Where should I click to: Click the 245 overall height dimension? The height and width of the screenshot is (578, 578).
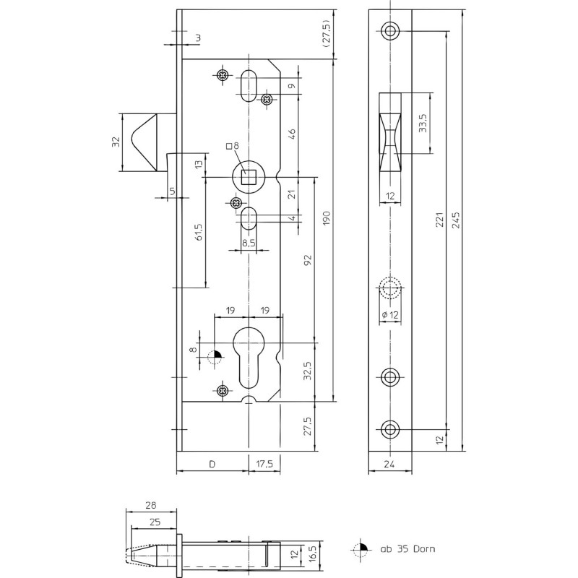(456, 220)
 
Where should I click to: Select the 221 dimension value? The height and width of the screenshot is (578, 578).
(440, 220)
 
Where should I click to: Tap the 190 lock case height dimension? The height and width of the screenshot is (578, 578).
(327, 219)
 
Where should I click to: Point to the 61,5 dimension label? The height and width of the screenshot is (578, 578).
(199, 232)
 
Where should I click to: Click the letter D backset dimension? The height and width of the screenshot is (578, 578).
(212, 464)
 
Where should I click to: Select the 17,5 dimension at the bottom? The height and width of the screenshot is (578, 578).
(264, 464)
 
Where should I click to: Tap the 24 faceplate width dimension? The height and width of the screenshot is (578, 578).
(389, 464)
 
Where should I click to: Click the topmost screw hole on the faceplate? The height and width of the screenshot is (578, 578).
(390, 30)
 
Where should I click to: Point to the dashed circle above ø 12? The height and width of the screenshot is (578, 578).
(390, 288)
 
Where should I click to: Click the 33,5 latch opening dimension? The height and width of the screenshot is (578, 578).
(423, 123)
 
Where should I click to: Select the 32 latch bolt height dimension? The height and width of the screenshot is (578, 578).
(116, 142)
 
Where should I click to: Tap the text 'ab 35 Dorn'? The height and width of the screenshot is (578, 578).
(407, 548)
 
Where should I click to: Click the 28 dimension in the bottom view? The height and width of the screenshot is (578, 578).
(151, 504)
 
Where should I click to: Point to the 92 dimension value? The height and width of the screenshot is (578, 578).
(308, 260)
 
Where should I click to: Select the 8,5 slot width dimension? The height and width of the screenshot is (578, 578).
(249, 243)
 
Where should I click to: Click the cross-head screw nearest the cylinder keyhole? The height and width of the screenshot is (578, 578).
(223, 390)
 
